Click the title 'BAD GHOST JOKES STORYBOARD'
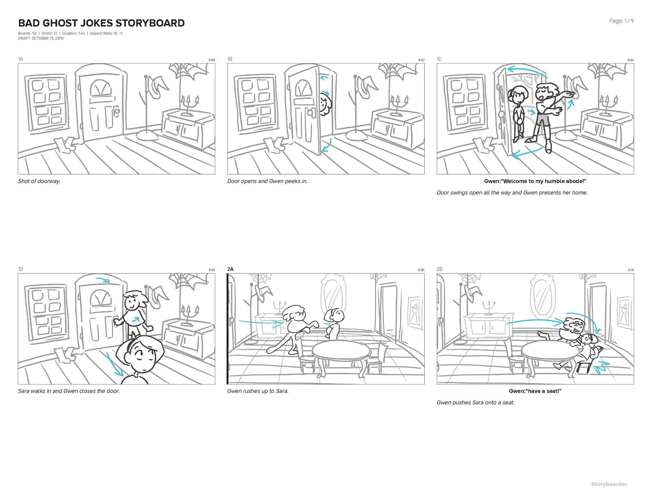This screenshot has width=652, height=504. coord(101,23)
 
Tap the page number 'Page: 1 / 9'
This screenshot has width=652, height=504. coord(621,21)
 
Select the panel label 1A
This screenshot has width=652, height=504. coord(20,59)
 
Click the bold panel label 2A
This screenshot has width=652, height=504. coord(231,269)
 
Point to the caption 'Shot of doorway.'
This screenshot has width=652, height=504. coord(39,181)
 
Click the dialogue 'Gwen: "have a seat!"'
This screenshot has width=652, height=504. coord(535,391)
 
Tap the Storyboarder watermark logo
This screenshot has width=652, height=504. coord(609,484)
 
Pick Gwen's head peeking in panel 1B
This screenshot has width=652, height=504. coord(325,105)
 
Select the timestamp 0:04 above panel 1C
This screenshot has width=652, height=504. coord(631,60)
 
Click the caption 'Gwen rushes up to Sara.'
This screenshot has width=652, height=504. coord(258,391)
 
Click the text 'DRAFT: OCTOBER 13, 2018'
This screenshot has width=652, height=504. coord(41,38)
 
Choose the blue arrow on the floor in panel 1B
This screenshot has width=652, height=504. coord(327,145)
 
